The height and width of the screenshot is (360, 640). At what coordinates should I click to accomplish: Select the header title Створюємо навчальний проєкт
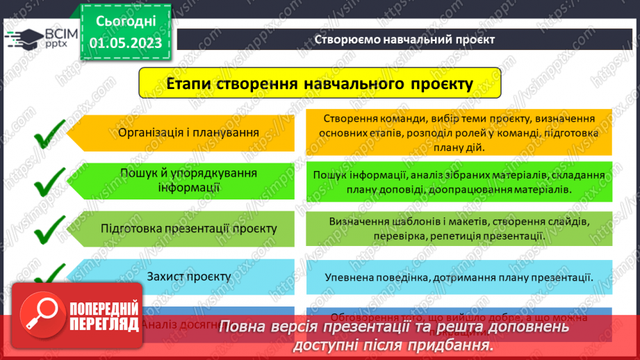[404, 39]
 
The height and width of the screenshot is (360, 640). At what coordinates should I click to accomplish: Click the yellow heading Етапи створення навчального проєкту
[320, 84]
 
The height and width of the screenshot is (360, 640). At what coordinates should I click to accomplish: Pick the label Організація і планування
[188, 132]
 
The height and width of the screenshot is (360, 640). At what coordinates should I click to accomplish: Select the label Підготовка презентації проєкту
[188, 229]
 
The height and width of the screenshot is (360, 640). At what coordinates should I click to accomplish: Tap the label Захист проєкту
[188, 276]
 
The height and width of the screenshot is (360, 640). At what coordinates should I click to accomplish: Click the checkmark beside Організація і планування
[49, 133]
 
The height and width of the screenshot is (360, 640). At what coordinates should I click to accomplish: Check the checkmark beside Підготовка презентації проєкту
[49, 229]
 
